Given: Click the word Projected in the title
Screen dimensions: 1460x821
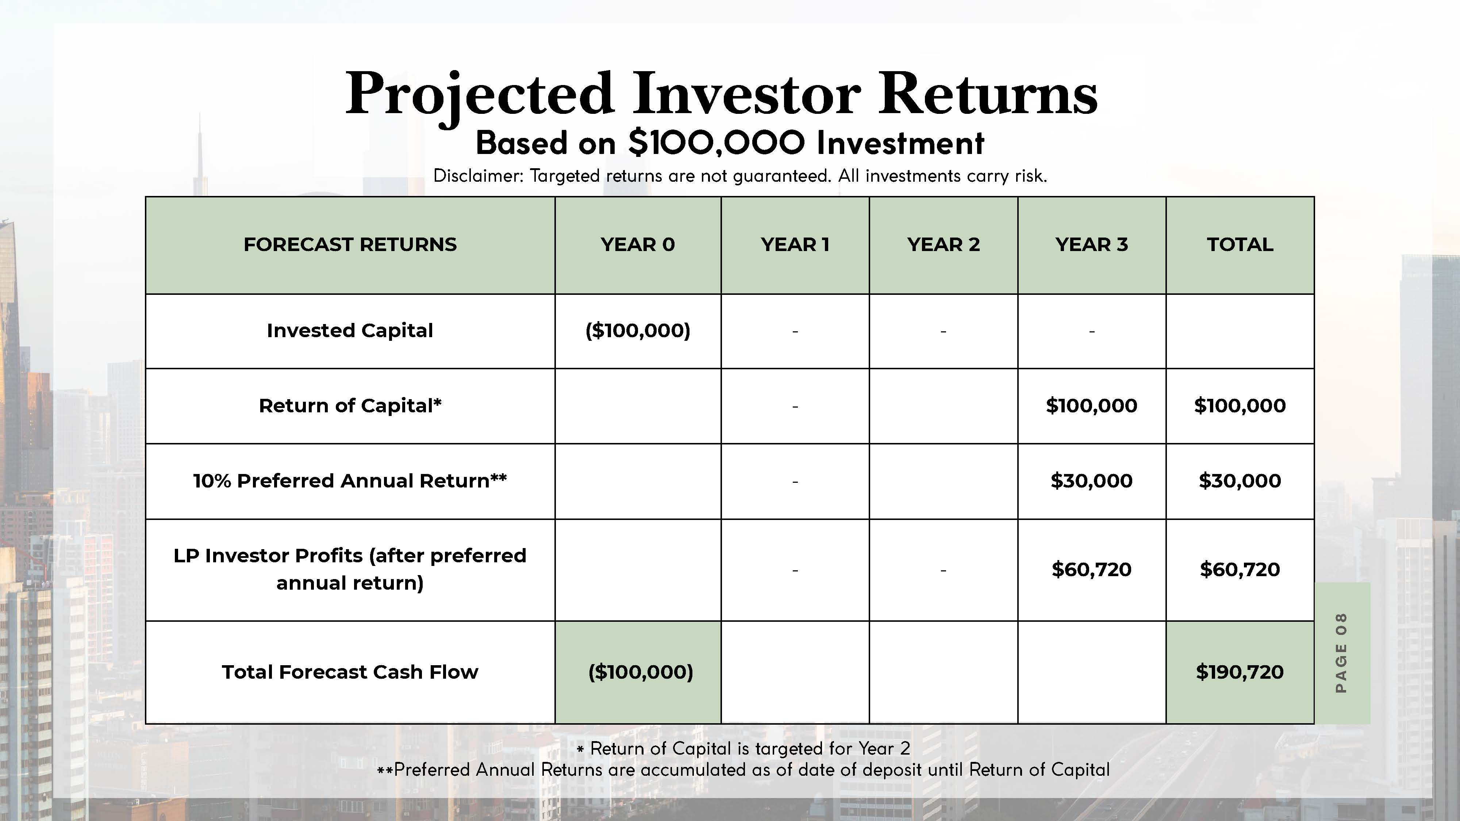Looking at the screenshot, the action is pos(480,95).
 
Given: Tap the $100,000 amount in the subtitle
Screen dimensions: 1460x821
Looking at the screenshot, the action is pos(716,142).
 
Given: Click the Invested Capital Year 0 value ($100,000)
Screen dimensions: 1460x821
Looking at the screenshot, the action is pos(638,330).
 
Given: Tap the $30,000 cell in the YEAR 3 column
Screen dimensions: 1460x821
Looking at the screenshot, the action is pos(1092,481).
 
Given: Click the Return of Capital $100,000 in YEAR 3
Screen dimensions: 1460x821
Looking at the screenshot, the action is pos(1092,406).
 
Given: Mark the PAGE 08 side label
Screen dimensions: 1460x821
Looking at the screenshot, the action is pos(1341,653).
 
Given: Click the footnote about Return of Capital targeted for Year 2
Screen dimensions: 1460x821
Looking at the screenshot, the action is pos(743,748).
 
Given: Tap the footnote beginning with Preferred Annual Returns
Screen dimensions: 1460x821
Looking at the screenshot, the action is pos(743,770).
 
